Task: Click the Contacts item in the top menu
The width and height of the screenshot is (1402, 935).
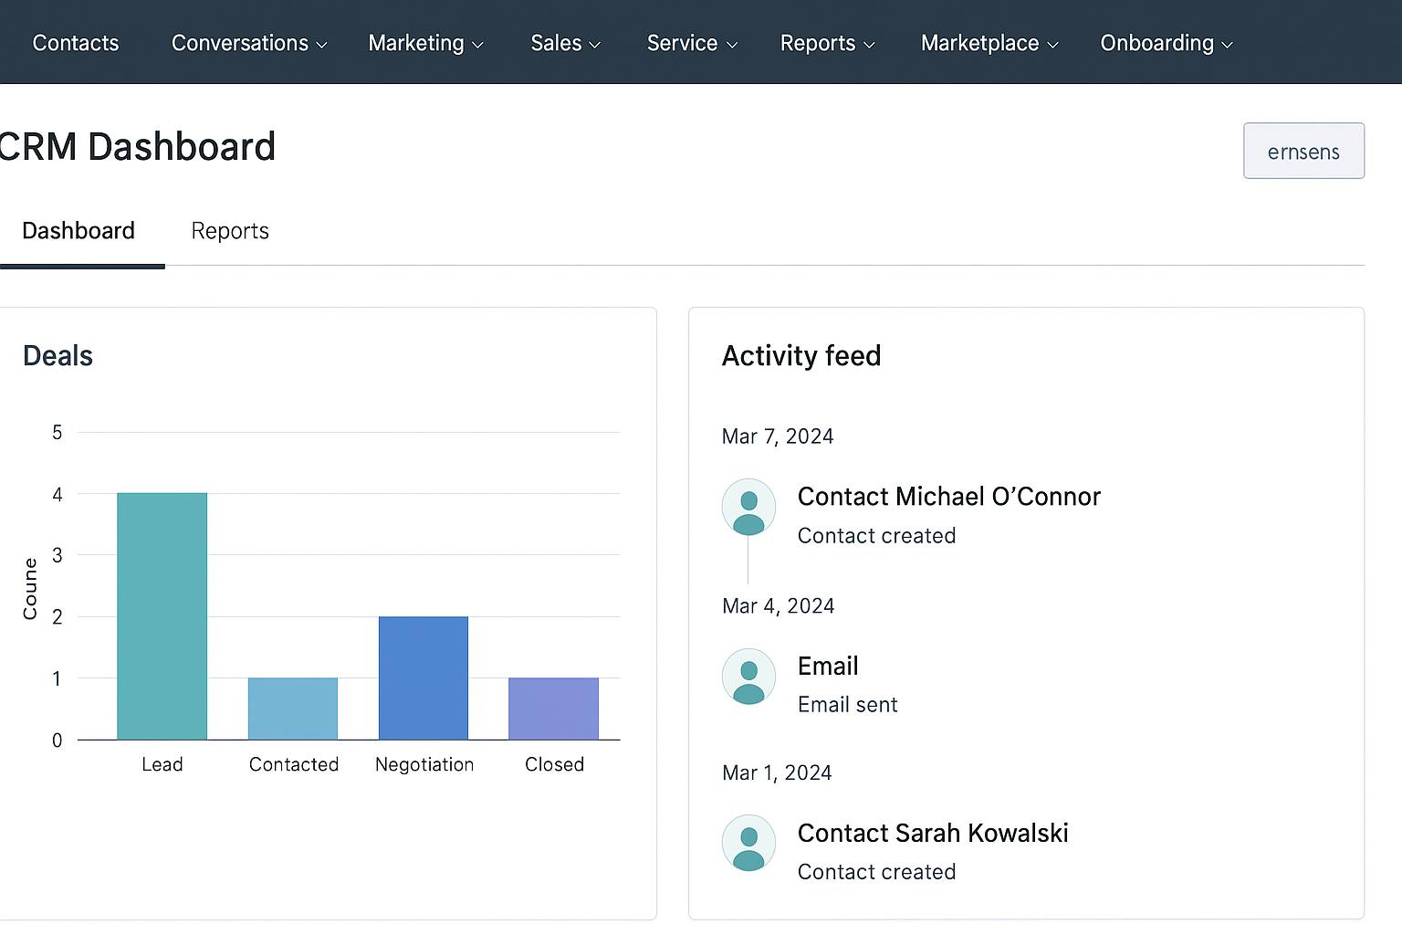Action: [x=76, y=43]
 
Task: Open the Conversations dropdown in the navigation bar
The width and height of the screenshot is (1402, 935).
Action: [x=248, y=43]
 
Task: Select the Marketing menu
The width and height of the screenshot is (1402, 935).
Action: [x=425, y=43]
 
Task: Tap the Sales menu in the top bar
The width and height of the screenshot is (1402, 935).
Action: [x=565, y=43]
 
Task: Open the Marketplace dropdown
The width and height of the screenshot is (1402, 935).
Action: [x=989, y=43]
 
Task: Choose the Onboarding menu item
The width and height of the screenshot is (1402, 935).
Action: [x=1166, y=43]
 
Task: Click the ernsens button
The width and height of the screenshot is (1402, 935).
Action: [x=1303, y=151]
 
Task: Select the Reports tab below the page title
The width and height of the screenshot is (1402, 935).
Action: [x=230, y=231]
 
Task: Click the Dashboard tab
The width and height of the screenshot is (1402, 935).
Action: [x=78, y=231]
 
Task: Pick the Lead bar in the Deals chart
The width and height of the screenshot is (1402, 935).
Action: [x=162, y=616]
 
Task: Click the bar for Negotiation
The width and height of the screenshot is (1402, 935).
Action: [x=424, y=678]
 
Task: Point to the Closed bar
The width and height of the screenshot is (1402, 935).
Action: [x=554, y=709]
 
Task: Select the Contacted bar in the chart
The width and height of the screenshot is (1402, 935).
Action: [x=293, y=709]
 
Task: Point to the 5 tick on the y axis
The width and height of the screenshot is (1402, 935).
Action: [x=58, y=433]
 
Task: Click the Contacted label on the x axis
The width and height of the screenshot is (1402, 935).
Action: [x=294, y=764]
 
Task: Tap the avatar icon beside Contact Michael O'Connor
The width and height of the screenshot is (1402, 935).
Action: [x=748, y=507]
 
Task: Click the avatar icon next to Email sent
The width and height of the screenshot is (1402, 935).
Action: [x=748, y=677]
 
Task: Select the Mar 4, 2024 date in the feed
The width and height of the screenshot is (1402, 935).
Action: [x=779, y=606]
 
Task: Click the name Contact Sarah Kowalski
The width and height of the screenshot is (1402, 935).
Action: [x=933, y=833]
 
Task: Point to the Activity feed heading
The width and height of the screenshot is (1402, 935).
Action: [x=801, y=356]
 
